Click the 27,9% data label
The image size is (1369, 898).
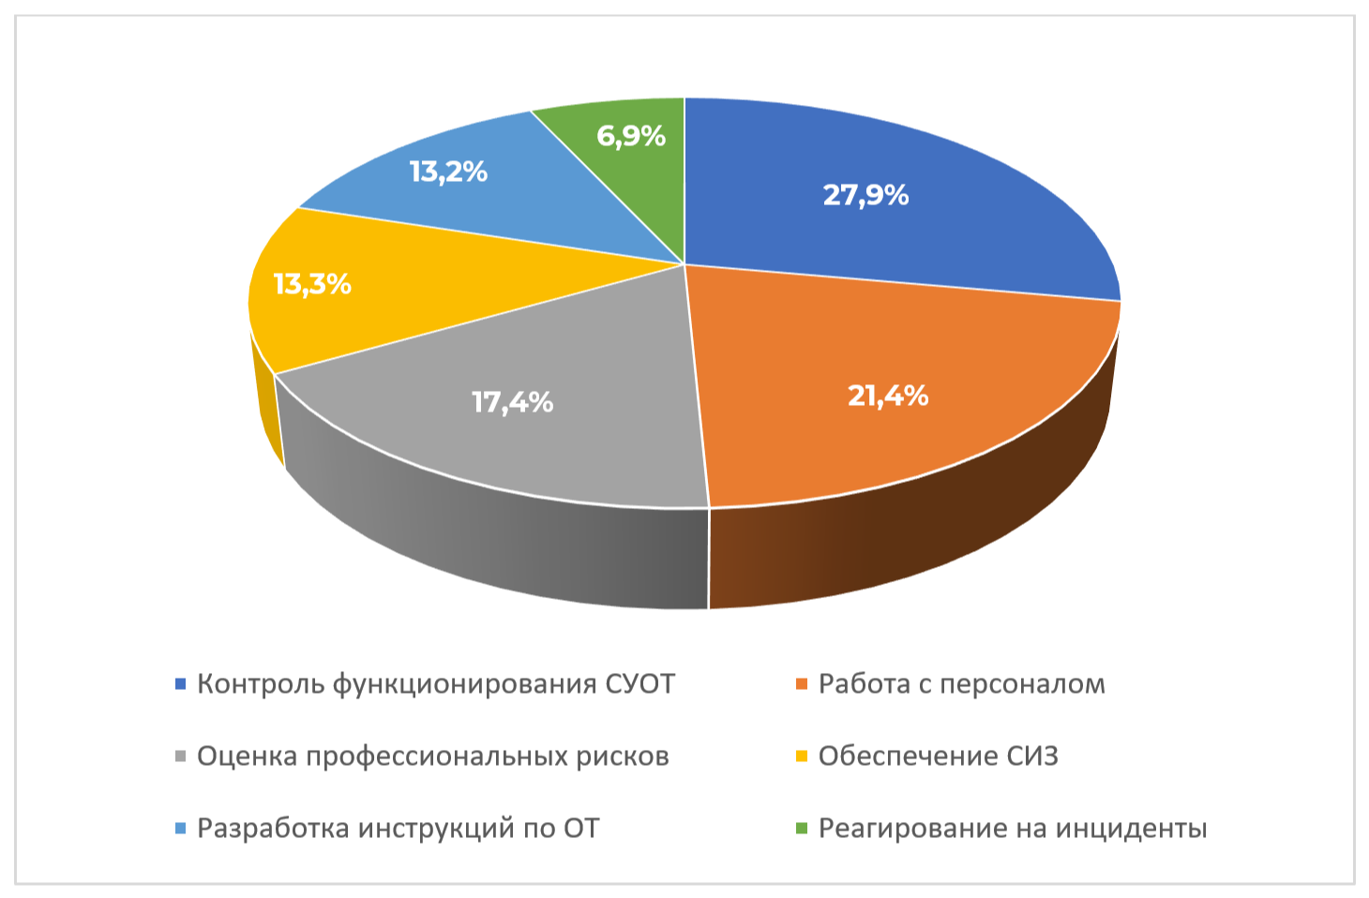pyautogui.click(x=865, y=195)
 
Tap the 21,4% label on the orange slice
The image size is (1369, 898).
pyautogui.click(x=887, y=396)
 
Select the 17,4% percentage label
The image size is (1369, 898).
pyautogui.click(x=512, y=402)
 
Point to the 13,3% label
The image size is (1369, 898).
pyautogui.click(x=312, y=284)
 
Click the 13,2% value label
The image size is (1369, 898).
pyautogui.click(x=448, y=172)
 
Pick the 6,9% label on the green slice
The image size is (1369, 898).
pyautogui.click(x=631, y=136)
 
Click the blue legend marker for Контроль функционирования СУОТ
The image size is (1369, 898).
pyautogui.click(x=180, y=684)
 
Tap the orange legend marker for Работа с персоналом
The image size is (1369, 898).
pyautogui.click(x=802, y=684)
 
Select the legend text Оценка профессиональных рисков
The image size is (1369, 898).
pyautogui.click(x=432, y=756)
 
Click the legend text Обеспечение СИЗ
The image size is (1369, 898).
pyautogui.click(x=938, y=756)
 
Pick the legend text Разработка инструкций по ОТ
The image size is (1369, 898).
pyautogui.click(x=398, y=829)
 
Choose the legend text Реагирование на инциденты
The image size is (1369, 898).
pyautogui.click(x=1013, y=829)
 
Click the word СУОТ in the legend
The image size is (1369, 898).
pyautogui.click(x=639, y=684)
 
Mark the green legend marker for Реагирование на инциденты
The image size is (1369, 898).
pyautogui.click(x=802, y=829)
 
